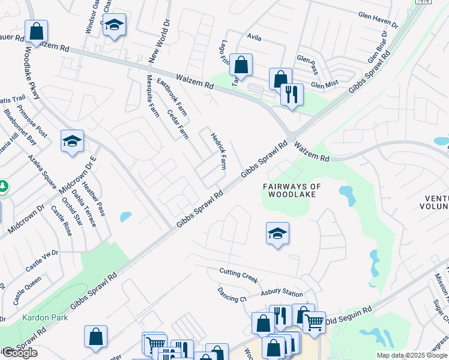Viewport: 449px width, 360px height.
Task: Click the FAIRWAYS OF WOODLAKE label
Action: pyautogui.click(x=288, y=190)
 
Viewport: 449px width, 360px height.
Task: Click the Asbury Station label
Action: pyautogui.click(x=282, y=293)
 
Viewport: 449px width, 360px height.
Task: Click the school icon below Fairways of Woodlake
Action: pyautogui.click(x=277, y=233)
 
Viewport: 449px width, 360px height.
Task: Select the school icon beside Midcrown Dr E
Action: pyautogui.click(x=72, y=141)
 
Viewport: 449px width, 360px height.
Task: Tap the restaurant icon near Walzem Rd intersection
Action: pyautogui.click(x=292, y=94)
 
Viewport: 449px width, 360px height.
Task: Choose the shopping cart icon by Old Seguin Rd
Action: pyautogui.click(x=314, y=322)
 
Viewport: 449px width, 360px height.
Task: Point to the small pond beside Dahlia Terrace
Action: pyautogui.click(x=125, y=217)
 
